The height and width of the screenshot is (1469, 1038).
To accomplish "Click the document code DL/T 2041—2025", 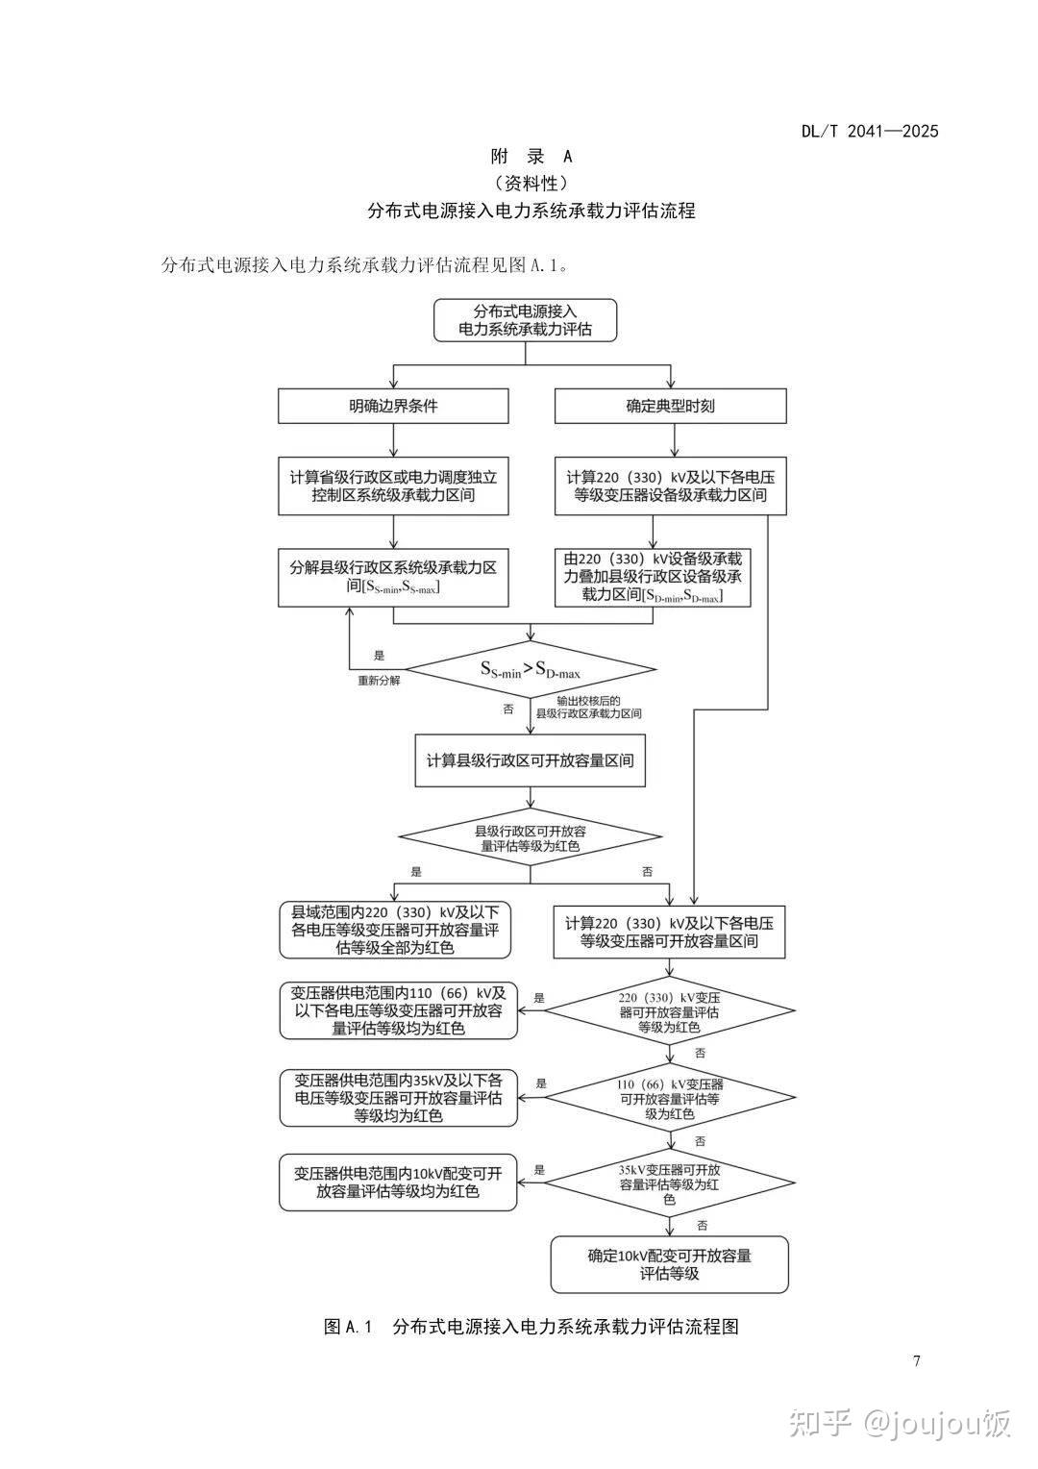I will (x=869, y=132).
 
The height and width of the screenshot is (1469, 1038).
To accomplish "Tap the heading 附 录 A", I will (x=531, y=157).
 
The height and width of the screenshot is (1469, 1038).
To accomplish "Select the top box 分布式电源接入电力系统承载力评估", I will (x=525, y=320).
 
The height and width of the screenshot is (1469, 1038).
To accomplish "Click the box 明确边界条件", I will (x=393, y=406).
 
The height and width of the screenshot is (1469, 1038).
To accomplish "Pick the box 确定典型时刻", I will (x=670, y=406).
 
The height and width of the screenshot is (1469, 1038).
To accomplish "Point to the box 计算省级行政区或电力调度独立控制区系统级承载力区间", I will (x=393, y=486).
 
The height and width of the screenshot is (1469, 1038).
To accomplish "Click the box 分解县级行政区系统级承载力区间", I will (x=393, y=577).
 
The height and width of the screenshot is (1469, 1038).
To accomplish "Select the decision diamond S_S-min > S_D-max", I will (x=531, y=669).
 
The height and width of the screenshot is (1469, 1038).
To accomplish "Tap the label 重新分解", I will (x=379, y=680).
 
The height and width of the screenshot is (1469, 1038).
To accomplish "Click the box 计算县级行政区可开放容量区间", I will (x=531, y=760).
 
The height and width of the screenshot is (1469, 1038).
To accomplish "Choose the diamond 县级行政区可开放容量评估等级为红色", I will (x=531, y=838).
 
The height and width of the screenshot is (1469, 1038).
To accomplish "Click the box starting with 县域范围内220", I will (x=394, y=930).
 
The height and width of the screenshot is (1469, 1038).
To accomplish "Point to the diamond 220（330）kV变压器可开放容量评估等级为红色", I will (x=670, y=1010).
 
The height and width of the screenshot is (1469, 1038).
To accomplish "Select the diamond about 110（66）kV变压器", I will (x=670, y=1098).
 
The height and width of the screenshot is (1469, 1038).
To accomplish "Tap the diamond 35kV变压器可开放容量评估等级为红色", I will (x=670, y=1184).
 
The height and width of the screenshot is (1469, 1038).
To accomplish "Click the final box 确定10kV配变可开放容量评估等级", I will (x=669, y=1264).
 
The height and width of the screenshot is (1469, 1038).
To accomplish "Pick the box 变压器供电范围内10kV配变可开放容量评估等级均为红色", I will (x=398, y=1183).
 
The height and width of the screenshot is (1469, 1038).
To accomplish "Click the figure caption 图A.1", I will (x=531, y=1327).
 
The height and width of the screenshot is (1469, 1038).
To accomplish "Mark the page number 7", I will (x=916, y=1360).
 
